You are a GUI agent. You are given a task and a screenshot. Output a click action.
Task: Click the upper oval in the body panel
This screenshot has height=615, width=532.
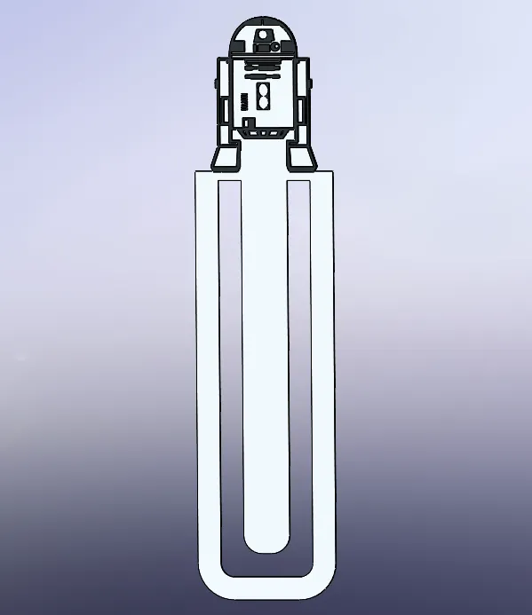tap(262, 90)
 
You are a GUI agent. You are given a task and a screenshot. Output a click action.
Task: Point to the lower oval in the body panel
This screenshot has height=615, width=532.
tap(262, 103)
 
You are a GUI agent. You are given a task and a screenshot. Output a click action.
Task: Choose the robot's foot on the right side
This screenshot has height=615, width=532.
tap(300, 157)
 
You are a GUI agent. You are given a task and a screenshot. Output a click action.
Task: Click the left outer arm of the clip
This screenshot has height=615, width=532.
tap(207, 373)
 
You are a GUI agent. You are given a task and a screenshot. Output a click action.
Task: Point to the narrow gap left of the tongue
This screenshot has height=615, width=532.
tap(231, 373)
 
